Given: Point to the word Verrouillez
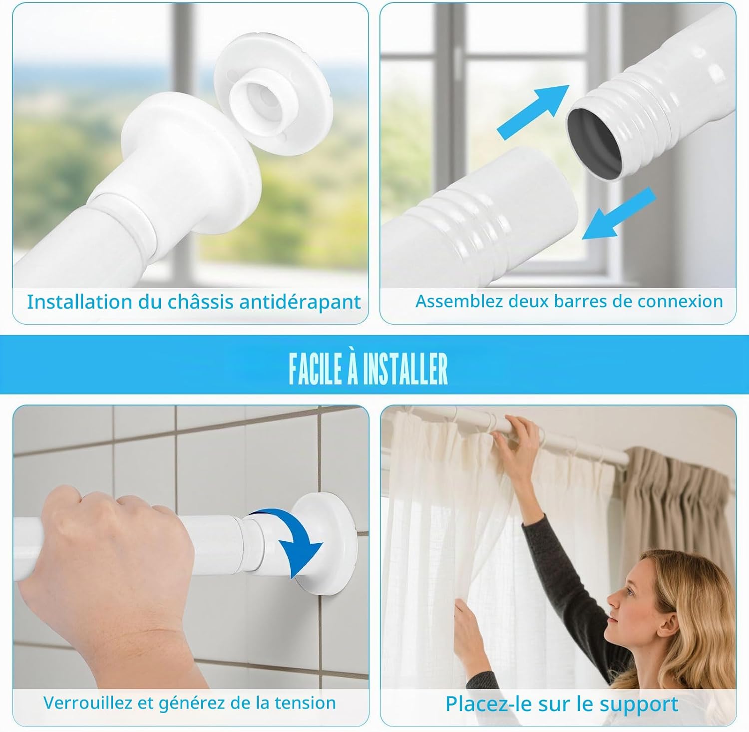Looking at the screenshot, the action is pos(88,703).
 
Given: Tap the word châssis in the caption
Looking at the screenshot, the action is pos(200,302).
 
